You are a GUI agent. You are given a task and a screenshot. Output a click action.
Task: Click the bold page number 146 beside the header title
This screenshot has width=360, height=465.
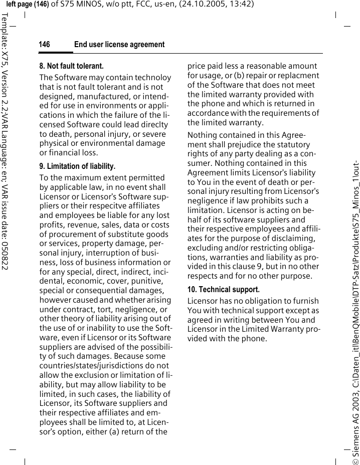[x=45, y=45]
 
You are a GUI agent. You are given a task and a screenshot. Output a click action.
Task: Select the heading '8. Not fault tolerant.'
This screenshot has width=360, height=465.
[x=72, y=66]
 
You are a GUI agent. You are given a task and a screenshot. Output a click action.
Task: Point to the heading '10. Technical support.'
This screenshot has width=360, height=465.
[x=224, y=290]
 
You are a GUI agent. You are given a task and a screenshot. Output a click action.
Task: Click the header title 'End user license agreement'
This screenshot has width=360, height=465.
[x=119, y=45]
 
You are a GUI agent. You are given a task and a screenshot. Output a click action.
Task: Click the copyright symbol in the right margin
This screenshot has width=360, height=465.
[x=354, y=457]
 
